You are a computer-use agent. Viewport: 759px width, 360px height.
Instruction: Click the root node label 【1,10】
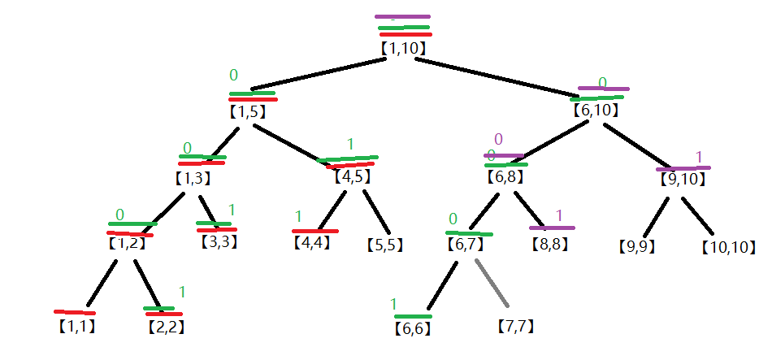[x=403, y=48]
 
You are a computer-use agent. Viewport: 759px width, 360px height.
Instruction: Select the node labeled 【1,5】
[x=247, y=112]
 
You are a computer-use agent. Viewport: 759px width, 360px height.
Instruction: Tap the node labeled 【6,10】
[x=596, y=111]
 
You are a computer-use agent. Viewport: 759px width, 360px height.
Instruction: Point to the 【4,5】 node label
[x=352, y=176]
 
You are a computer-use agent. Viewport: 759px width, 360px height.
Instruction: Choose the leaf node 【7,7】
[x=516, y=327]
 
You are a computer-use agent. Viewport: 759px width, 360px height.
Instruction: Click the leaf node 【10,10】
[x=728, y=248]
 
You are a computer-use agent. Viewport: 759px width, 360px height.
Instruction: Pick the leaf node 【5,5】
[x=385, y=245]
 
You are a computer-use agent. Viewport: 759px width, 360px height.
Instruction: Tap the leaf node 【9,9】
[x=637, y=247]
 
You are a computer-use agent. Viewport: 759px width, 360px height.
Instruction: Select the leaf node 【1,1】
[x=76, y=327]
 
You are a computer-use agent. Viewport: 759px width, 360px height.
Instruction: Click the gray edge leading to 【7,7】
[x=492, y=283]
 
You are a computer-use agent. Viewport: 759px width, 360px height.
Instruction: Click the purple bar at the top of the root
[x=403, y=16]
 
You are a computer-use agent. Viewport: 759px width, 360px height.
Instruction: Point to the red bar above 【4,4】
[x=315, y=232]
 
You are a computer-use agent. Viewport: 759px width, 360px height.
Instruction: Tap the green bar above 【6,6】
[x=413, y=316]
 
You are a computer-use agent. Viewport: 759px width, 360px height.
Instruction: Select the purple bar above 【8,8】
[x=552, y=228]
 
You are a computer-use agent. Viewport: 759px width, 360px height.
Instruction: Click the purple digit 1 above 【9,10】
[x=699, y=157]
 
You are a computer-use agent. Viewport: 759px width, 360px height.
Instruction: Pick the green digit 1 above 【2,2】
[x=182, y=293]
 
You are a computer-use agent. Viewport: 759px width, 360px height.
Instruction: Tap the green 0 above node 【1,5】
[x=234, y=75]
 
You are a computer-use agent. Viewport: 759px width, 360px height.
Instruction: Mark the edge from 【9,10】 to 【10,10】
[x=697, y=216]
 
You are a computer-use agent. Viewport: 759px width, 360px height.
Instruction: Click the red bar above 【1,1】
[x=75, y=312]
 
